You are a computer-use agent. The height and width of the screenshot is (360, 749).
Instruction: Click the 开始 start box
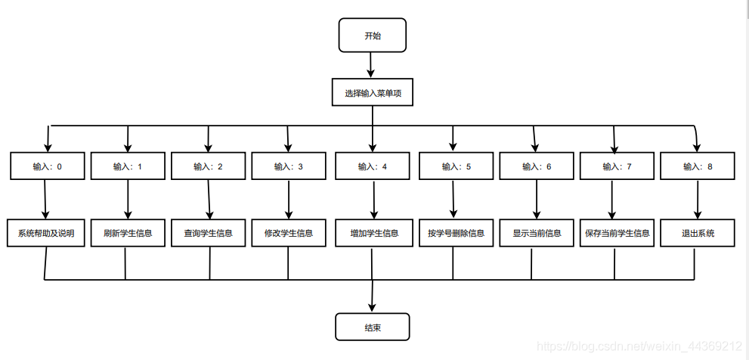click(x=373, y=36)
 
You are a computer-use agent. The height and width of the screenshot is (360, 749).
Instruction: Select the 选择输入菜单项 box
click(x=373, y=93)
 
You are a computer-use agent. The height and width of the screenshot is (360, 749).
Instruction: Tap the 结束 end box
click(x=373, y=327)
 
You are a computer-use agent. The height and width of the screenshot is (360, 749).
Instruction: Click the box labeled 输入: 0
click(x=47, y=166)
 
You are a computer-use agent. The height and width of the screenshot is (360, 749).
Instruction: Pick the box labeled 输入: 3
click(x=288, y=166)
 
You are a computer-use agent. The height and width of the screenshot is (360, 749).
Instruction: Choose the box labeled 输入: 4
click(x=373, y=166)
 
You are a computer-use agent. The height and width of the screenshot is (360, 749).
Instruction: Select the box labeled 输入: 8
click(x=698, y=166)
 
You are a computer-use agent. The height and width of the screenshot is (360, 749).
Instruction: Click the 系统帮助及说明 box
click(x=45, y=233)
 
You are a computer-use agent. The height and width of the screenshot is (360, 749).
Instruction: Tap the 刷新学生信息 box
click(x=127, y=233)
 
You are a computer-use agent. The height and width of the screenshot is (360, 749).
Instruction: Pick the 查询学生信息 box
click(x=208, y=233)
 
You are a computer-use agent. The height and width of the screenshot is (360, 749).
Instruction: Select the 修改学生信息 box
click(x=288, y=233)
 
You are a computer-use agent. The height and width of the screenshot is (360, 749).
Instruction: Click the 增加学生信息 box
click(x=373, y=233)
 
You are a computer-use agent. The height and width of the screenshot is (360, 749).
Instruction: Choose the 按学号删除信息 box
click(x=455, y=233)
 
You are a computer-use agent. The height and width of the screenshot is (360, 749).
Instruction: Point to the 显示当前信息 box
click(x=536, y=233)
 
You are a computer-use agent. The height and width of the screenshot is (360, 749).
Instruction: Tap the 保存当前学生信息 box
click(x=617, y=233)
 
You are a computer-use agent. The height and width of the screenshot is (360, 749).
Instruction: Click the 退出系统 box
click(x=697, y=233)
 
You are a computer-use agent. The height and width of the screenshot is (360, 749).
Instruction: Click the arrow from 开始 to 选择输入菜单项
click(x=370, y=67)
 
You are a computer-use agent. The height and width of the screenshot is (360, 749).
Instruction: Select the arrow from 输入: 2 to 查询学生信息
click(x=207, y=200)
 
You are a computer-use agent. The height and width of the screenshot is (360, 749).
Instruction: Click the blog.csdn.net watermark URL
click(x=639, y=346)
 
